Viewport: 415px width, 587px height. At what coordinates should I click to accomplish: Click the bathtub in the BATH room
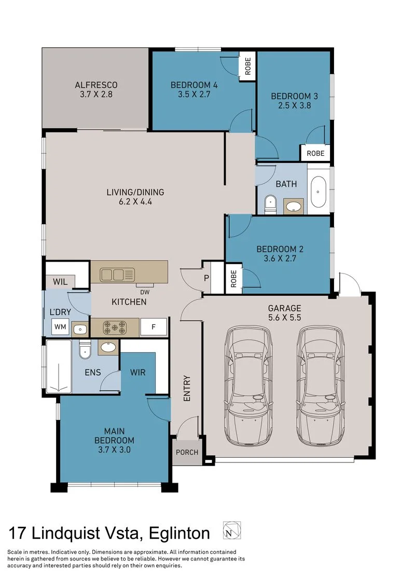318,192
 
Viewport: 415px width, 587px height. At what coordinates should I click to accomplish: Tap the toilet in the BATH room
270,205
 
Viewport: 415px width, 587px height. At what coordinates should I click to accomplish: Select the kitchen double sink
117,275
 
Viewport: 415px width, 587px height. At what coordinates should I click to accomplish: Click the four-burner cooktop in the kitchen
115,327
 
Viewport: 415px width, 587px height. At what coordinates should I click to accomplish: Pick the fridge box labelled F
154,327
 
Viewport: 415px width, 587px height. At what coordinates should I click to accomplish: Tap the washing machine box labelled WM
60,327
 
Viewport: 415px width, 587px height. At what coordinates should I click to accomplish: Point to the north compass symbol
232,530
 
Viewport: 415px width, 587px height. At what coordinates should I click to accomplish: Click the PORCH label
187,452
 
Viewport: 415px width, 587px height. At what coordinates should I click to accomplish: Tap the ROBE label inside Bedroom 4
248,66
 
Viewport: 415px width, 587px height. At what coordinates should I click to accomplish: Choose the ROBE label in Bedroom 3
315,153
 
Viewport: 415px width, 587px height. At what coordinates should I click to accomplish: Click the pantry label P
206,278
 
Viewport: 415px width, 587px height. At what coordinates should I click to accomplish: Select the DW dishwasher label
145,292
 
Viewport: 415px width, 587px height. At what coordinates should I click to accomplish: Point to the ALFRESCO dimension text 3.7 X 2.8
96,94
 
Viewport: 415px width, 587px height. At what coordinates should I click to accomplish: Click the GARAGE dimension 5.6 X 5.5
284,318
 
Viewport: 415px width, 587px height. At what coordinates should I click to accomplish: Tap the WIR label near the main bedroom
137,373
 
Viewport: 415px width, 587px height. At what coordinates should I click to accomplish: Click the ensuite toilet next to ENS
85,349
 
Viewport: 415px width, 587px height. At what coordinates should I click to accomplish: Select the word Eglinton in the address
179,533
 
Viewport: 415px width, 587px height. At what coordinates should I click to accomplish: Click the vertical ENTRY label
187,388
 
